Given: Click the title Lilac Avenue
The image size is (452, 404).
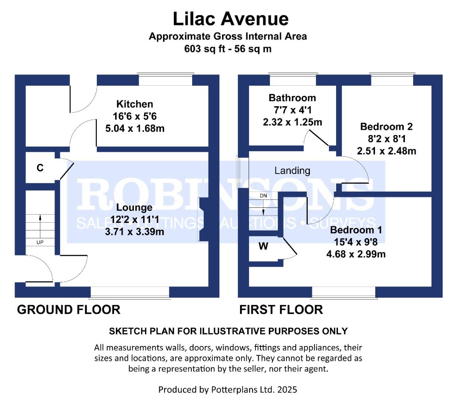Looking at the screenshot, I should coord(230,19).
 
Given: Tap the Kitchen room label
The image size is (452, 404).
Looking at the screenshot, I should coord(135,104).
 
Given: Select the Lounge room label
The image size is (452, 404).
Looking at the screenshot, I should coord(134,207).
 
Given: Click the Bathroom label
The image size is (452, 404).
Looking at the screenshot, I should coord(292,98).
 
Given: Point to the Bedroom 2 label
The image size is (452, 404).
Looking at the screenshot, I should coord(386,126).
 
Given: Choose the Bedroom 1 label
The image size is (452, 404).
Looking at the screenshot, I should coord(356,230).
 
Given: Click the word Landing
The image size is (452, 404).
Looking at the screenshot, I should coord(292,171).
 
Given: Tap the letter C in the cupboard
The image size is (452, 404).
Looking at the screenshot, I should coord(40,168).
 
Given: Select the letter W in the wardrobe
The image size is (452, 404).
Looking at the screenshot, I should coord(264,246).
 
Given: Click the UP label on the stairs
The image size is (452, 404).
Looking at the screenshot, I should coord(40,242).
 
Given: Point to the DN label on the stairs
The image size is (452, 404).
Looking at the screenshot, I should coord(263,196).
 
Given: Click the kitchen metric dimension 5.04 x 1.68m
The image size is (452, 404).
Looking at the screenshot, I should coord(135,129).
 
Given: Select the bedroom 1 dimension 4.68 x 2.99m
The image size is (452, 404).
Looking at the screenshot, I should coord(356,254).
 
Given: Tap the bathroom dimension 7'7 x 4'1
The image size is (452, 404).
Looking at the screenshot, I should coord(292,110).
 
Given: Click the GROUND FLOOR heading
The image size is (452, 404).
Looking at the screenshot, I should coord(69,310).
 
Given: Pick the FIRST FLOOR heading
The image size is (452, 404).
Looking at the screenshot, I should coord(281,310).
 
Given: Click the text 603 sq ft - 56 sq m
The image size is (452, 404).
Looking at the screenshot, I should coord(228,49).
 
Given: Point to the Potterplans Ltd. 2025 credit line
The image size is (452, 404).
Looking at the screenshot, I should coord(227,390).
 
